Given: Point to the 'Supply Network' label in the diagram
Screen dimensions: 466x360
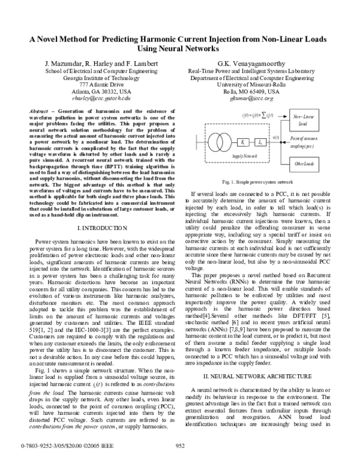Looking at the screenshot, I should (x=227, y=156).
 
